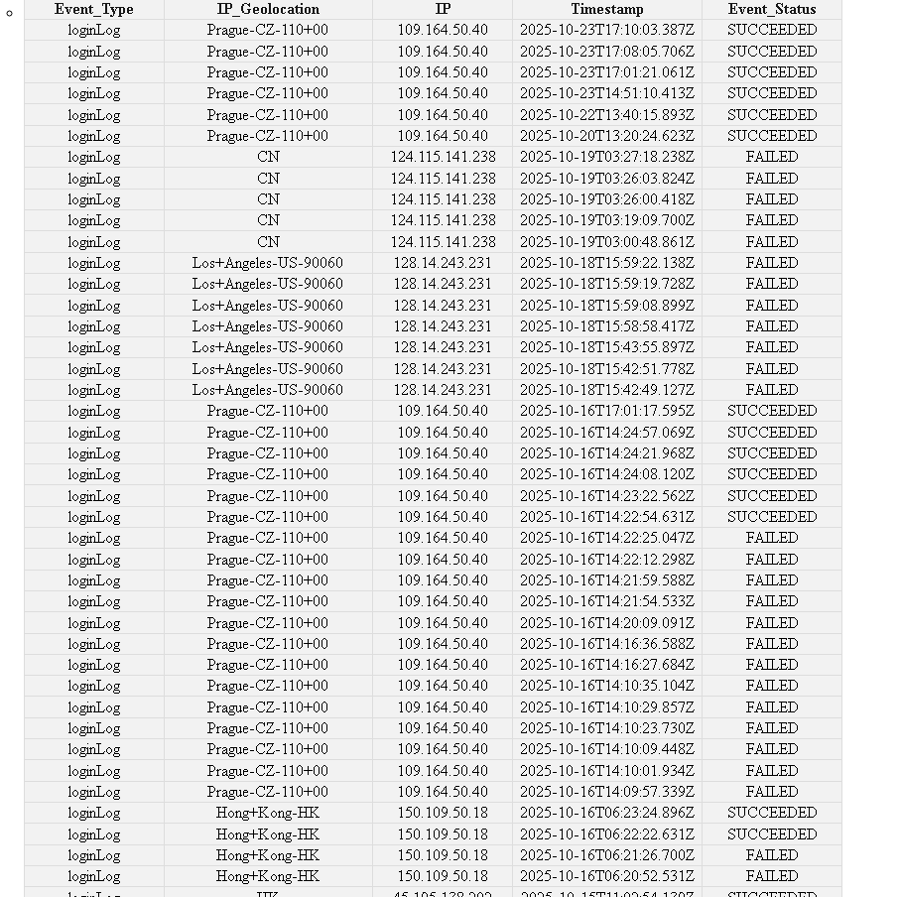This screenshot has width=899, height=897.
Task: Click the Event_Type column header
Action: click(x=93, y=9)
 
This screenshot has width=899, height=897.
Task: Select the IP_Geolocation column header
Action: click(x=268, y=9)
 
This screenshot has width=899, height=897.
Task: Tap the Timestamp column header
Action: click(x=606, y=9)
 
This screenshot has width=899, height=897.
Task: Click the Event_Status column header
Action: click(x=771, y=9)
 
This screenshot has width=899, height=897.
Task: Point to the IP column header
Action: click(x=443, y=9)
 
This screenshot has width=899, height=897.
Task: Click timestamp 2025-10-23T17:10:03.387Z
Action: click(x=606, y=30)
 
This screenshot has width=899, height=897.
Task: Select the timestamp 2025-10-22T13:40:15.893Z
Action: click(x=606, y=115)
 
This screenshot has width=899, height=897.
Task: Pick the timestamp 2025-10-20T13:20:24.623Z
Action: click(x=606, y=136)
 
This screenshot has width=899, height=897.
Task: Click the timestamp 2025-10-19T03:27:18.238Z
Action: click(x=606, y=157)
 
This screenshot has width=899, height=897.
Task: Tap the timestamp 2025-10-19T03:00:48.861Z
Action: click(x=606, y=242)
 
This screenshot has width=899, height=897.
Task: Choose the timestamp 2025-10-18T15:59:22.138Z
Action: click(x=606, y=263)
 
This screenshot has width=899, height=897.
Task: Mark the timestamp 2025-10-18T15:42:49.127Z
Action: click(x=606, y=390)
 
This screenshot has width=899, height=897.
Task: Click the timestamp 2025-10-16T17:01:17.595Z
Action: click(x=606, y=411)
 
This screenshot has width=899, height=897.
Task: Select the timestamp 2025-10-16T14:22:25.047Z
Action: click(x=606, y=538)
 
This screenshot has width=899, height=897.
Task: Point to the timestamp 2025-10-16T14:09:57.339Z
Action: click(x=606, y=792)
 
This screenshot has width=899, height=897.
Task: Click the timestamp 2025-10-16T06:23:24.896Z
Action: click(x=606, y=813)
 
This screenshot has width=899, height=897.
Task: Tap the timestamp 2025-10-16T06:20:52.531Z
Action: click(x=606, y=876)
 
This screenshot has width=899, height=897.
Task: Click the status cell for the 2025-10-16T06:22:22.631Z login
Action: click(x=771, y=834)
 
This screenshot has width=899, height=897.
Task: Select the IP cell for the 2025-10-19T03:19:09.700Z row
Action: click(x=443, y=220)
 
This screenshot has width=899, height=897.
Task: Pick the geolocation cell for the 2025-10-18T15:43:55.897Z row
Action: click(x=268, y=347)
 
